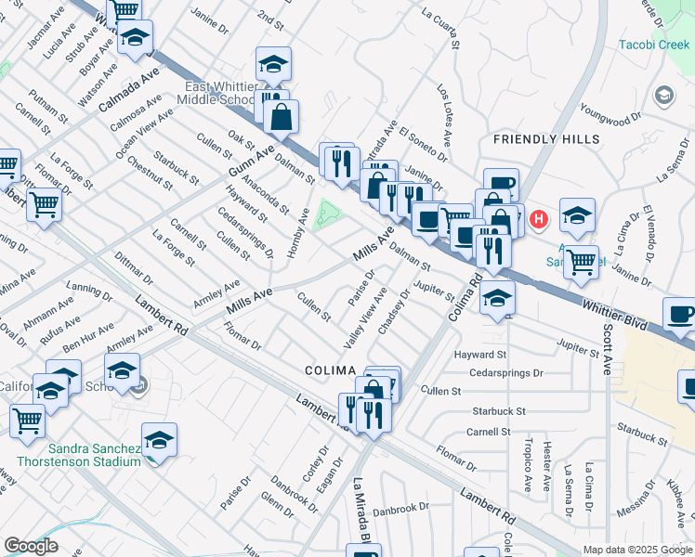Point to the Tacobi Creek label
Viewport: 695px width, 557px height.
(x=656, y=45)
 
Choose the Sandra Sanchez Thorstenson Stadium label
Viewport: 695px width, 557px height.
(x=73, y=454)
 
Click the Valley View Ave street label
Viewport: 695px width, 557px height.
(x=366, y=318)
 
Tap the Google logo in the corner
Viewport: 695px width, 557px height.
(x=31, y=546)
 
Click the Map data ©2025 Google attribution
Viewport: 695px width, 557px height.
(x=636, y=550)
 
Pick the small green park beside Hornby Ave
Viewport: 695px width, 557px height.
(x=326, y=214)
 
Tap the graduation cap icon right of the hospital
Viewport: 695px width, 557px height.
(x=577, y=216)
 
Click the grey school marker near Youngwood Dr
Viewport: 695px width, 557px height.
(x=664, y=95)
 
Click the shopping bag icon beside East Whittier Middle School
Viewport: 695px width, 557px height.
(x=280, y=117)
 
